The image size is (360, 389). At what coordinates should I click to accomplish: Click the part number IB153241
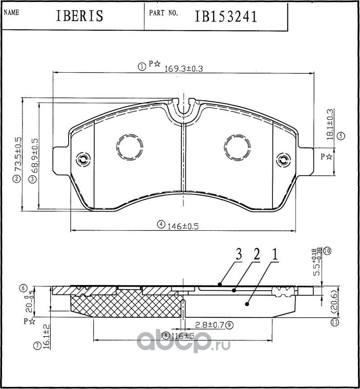(x=225, y=16)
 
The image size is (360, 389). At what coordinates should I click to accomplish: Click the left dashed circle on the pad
(x=129, y=148)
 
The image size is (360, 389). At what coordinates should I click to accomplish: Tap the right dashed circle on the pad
(x=238, y=148)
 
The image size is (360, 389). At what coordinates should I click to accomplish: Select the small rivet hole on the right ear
(x=282, y=160)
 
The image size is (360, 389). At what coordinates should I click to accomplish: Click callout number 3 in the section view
(x=239, y=254)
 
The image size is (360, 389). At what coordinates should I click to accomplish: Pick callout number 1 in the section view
(x=274, y=254)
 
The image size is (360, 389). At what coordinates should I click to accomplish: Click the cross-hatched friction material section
(x=125, y=305)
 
